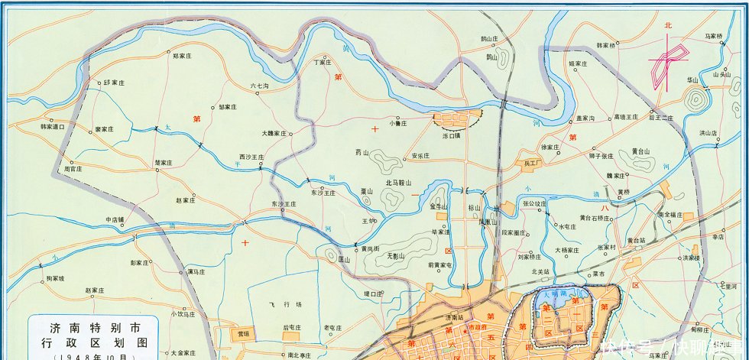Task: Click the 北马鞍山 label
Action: click(398, 183)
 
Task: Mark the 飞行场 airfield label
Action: click(281, 303)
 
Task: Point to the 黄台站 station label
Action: click(637, 239)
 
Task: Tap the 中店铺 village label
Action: click(120, 219)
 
